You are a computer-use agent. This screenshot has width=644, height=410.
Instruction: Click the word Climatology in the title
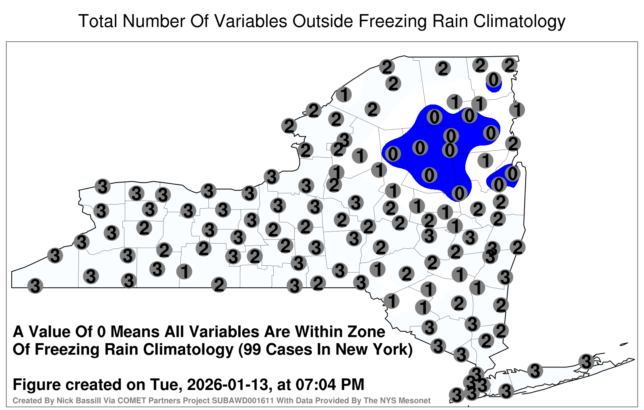(519, 22)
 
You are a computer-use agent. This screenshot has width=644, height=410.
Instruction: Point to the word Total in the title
(98, 21)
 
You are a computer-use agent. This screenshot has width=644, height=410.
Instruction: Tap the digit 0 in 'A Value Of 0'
(102, 332)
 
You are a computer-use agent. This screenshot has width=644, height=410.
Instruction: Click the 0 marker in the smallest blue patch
(493, 80)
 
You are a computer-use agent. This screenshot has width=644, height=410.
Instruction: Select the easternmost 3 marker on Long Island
(586, 361)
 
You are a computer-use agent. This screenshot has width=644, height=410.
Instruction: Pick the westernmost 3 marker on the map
(35, 286)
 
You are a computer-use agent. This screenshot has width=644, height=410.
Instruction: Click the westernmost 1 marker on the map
(184, 271)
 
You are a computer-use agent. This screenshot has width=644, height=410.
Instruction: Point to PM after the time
(353, 384)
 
